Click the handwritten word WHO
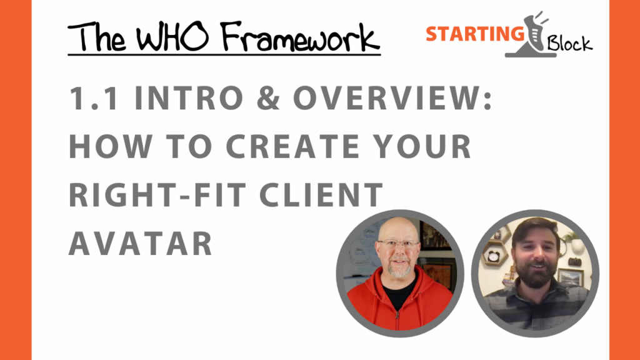tap(172, 37)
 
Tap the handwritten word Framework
tap(301, 37)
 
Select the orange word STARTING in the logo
tap(475, 34)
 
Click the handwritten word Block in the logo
tap(569, 43)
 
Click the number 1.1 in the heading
tap(94, 98)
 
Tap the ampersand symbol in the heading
tap(269, 98)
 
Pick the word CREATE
tap(292, 146)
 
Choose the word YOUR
tap(423, 146)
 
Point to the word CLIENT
tap(321, 195)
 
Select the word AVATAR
tap(141, 243)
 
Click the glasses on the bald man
tap(398, 244)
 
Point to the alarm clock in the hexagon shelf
tap(494, 257)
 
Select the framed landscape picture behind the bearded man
tap(571, 277)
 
